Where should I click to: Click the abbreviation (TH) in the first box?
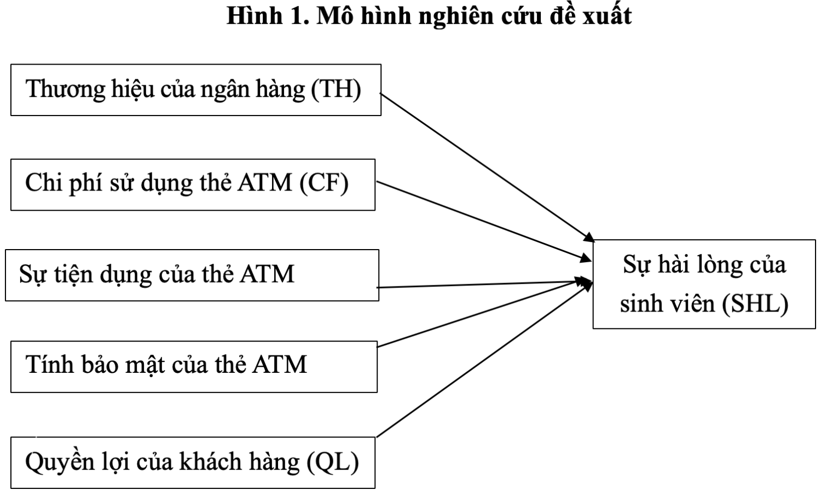(336, 89)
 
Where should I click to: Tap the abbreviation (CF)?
(324, 183)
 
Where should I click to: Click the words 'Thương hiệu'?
(90, 89)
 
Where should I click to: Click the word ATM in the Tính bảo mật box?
(279, 365)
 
